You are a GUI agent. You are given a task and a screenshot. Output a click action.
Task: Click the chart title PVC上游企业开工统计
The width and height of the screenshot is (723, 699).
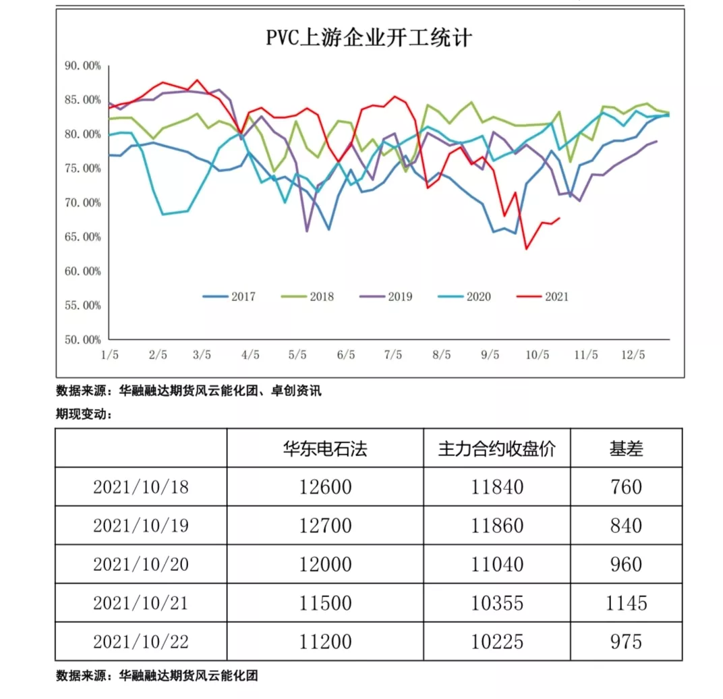click(369, 38)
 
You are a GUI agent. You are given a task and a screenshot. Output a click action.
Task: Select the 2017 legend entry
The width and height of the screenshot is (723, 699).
click(230, 296)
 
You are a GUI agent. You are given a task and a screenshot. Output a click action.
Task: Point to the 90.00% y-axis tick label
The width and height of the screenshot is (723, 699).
click(83, 65)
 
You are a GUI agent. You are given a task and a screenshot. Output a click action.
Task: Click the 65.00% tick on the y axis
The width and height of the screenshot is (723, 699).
click(83, 237)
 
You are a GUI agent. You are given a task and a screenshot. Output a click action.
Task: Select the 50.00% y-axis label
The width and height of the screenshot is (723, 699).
click(83, 339)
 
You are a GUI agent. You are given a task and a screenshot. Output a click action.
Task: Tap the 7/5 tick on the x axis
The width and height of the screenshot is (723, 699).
click(393, 354)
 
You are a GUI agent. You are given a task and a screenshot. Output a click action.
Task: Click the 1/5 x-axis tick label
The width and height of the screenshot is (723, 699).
click(109, 354)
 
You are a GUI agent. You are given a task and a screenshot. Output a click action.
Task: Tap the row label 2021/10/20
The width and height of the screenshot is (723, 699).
click(140, 563)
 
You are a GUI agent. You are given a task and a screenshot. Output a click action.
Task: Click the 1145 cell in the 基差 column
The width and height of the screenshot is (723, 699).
click(625, 602)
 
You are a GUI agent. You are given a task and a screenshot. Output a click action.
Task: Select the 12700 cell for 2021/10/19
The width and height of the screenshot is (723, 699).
click(325, 525)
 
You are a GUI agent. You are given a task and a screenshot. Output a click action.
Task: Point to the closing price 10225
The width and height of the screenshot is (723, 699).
click(496, 640)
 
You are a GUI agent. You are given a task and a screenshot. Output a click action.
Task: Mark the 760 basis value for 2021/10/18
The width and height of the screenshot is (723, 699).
click(625, 486)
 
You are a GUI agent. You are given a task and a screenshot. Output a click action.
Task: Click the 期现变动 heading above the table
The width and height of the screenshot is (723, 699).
click(83, 414)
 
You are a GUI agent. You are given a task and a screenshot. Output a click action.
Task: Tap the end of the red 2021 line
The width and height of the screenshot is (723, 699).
click(560, 217)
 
